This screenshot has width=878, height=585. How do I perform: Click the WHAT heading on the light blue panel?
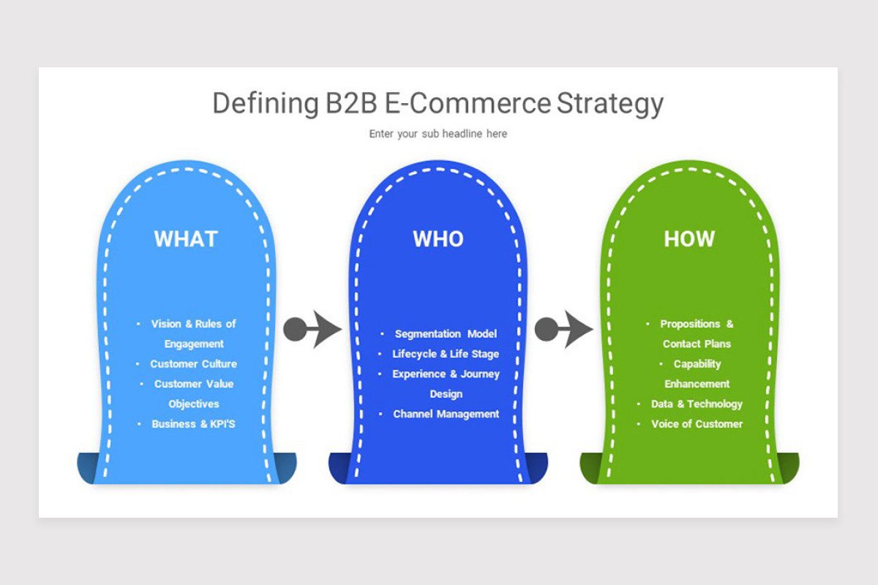tap(186, 239)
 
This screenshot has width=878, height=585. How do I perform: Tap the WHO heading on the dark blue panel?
tap(438, 239)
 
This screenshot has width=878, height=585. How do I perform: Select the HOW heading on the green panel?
tap(689, 239)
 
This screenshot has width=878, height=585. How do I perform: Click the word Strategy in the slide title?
tap(609, 104)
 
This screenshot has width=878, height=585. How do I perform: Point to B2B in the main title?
tap(350, 104)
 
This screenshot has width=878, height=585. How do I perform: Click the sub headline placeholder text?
tap(438, 134)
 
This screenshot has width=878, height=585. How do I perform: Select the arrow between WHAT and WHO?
tap(312, 330)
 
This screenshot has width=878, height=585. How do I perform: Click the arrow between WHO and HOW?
tap(563, 330)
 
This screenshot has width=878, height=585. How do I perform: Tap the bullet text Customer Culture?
tap(193, 363)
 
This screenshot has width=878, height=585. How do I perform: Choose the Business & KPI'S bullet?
tap(193, 423)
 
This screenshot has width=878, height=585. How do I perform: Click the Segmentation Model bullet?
tap(446, 333)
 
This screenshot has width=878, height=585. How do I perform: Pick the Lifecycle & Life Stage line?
tap(446, 354)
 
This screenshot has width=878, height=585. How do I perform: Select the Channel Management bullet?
tap(446, 414)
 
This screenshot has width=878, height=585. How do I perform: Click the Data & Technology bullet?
tap(697, 404)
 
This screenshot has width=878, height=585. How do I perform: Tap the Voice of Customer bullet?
tap(697, 423)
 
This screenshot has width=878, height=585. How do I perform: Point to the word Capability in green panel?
tap(697, 363)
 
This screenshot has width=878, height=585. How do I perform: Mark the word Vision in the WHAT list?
tap(166, 324)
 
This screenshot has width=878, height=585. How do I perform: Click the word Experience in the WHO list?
tap(419, 374)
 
